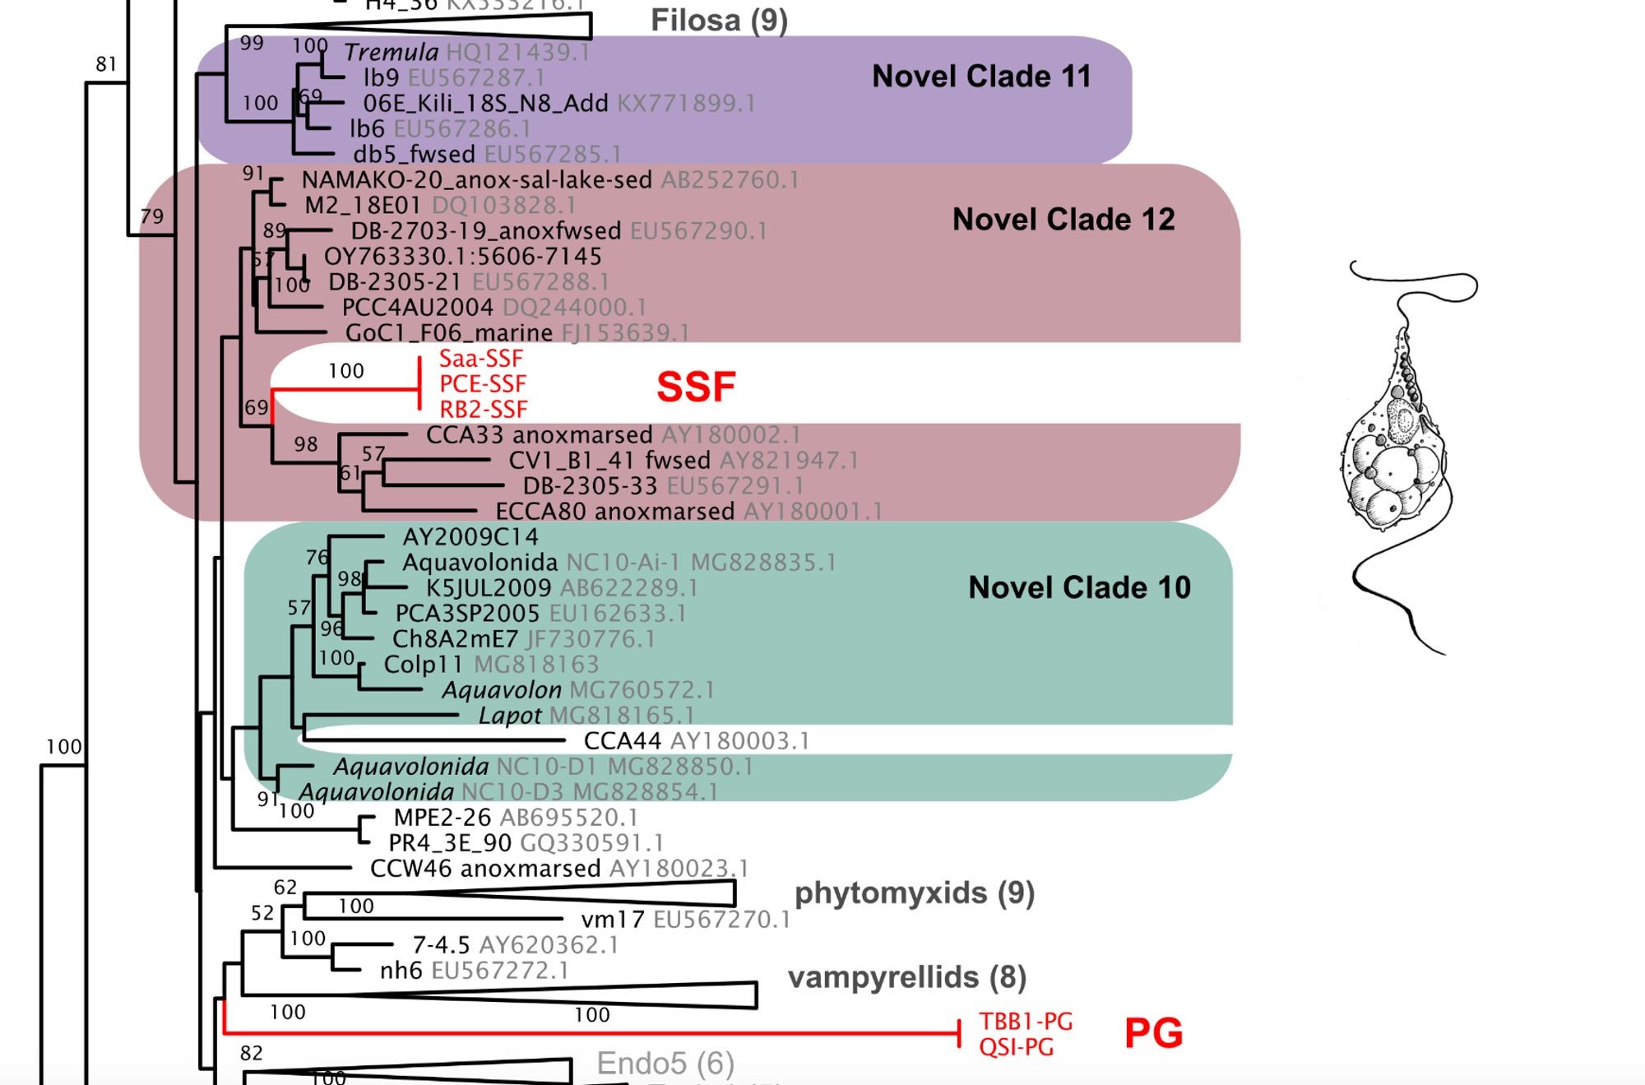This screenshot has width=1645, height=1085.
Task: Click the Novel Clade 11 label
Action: [981, 77]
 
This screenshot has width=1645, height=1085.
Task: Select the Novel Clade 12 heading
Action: [1063, 220]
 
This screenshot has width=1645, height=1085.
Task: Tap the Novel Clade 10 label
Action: [1079, 587]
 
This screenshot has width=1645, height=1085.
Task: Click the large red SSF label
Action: [696, 387]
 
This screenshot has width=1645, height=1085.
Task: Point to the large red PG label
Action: [1153, 1033]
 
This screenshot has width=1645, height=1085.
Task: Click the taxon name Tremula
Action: [392, 53]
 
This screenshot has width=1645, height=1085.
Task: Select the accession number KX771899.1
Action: [686, 104]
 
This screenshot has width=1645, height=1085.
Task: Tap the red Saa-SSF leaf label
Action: [481, 359]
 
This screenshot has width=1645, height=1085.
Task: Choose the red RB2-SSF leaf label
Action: [484, 410]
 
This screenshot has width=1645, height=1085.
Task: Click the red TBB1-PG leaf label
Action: [1026, 1022]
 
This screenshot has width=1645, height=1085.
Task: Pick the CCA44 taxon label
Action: [623, 741]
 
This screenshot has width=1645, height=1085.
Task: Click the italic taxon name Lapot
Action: [510, 716]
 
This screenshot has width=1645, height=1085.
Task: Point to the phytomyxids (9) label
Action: [914, 893]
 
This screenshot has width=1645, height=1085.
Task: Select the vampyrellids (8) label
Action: [907, 977]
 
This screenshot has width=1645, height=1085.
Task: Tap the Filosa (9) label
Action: [719, 21]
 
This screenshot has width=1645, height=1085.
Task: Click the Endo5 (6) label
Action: [665, 1064]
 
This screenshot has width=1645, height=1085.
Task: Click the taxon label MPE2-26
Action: [443, 818]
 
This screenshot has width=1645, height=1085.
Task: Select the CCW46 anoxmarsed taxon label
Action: [485, 869]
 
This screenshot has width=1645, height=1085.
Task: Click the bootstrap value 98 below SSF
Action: [306, 444]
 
